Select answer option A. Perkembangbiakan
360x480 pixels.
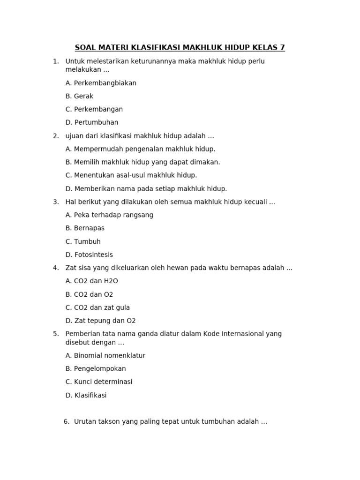pyautogui.click(x=101, y=83)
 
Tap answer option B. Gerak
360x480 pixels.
pyautogui.click(x=80, y=96)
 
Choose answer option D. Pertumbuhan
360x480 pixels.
pyautogui.click(x=92, y=122)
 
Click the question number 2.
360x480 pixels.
pyautogui.click(x=55, y=136)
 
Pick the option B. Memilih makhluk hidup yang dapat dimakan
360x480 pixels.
pyautogui.click(x=142, y=162)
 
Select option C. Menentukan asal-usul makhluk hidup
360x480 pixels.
pyautogui.click(x=131, y=175)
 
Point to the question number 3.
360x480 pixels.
pyautogui.click(x=55, y=202)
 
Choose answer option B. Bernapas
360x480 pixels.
pyautogui.click(x=85, y=228)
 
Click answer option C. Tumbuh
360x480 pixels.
pyautogui.click(x=83, y=241)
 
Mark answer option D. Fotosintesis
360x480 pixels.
pyautogui.click(x=89, y=255)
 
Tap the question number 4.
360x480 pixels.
pyautogui.click(x=55, y=268)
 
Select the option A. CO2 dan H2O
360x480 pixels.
pyautogui.click(x=92, y=281)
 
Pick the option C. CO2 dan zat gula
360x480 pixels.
pyautogui.click(x=97, y=307)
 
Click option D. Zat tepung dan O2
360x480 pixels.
pyautogui.click(x=100, y=321)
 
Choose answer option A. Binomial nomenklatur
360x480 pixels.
pyautogui.click(x=105, y=355)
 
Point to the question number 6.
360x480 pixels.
pyautogui.click(x=67, y=421)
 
